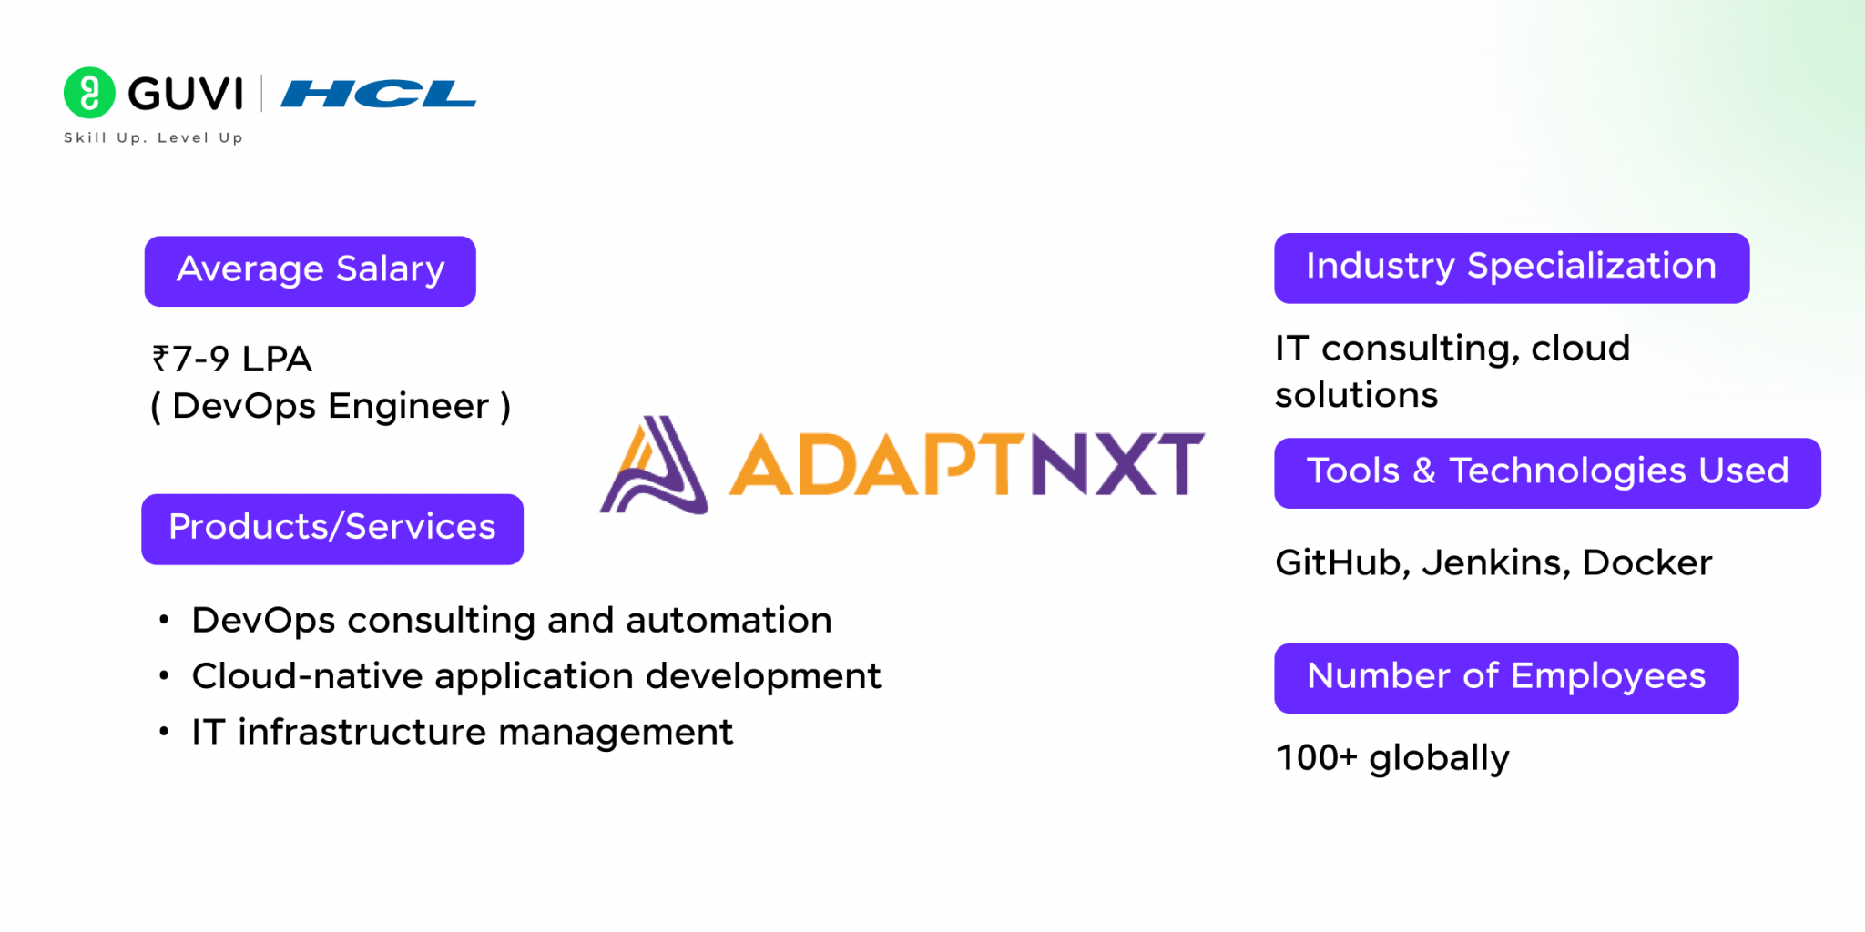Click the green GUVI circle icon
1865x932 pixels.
[89, 93]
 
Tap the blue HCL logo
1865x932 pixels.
[378, 94]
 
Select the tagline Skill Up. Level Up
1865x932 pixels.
[153, 137]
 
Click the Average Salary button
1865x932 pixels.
[310, 270]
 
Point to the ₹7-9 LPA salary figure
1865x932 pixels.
[232, 359]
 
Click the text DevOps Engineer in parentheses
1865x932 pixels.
[330, 406]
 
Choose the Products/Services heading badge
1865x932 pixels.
[331, 529]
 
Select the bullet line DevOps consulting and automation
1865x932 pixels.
[511, 621]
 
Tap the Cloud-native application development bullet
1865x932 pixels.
[535, 676]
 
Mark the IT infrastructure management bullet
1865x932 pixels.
[462, 732]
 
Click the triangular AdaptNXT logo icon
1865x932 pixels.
[655, 465]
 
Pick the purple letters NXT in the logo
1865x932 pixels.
[1116, 464]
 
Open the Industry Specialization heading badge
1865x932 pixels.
[1511, 268]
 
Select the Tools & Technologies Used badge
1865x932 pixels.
[1546, 472]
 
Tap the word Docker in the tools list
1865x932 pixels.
[1646, 563]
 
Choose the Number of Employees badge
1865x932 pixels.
[1505, 677]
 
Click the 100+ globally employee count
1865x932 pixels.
[1392, 758]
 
